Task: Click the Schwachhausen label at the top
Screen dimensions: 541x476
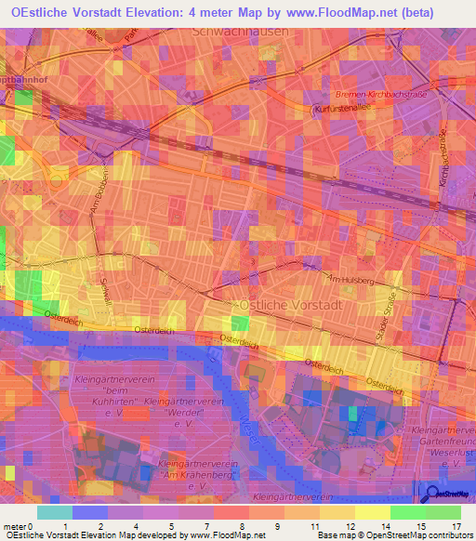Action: tap(239, 31)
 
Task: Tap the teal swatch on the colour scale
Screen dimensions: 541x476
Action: tap(55, 512)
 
